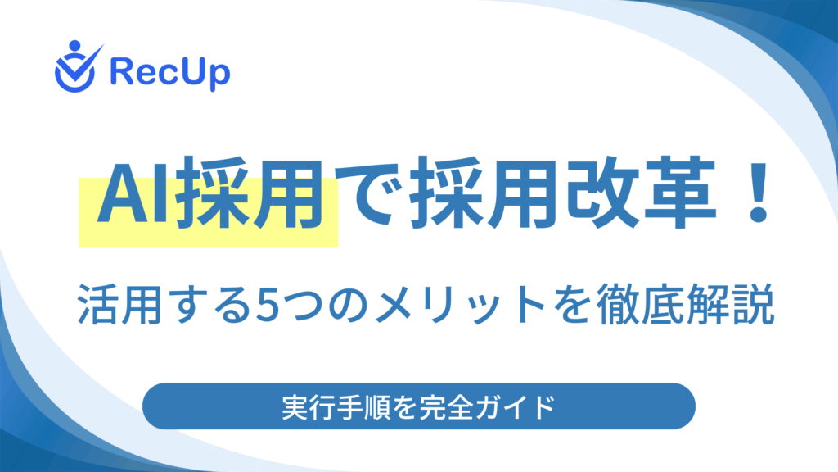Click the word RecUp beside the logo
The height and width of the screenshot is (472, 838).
[x=170, y=72]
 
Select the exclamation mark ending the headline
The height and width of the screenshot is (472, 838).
[x=758, y=193]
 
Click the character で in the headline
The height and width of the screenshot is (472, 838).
[x=371, y=193]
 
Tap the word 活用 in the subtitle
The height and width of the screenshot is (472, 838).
[x=119, y=304]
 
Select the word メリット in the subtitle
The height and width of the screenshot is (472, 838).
[x=460, y=305]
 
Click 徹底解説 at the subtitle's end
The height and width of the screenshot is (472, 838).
[x=685, y=304]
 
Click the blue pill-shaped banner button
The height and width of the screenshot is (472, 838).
[x=419, y=406]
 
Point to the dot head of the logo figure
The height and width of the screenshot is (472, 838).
[x=74, y=46]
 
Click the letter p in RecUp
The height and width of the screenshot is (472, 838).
[x=219, y=76]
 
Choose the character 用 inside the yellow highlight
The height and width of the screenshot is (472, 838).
[x=289, y=193]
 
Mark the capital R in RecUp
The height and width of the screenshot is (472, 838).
[x=121, y=71]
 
